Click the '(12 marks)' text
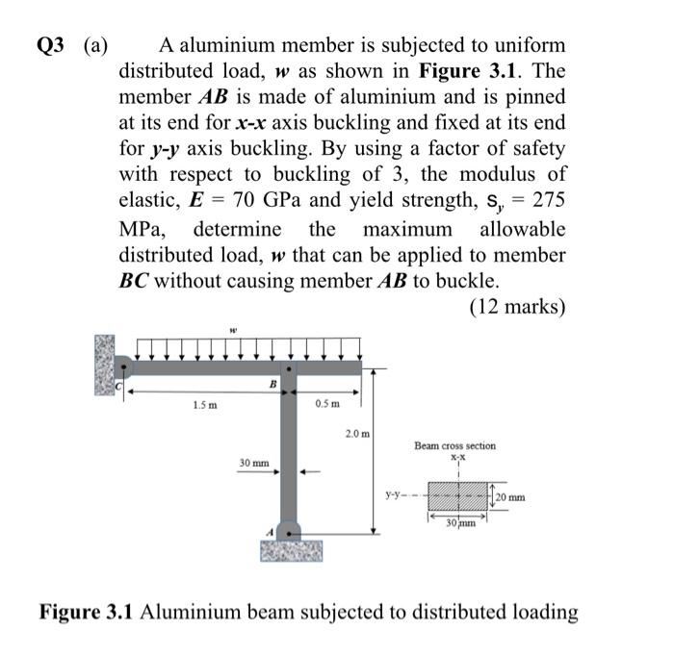click(x=517, y=308)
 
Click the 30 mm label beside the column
click(x=254, y=464)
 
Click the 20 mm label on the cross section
click(x=511, y=497)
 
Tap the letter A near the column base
click(x=270, y=529)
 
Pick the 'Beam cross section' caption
click(x=455, y=446)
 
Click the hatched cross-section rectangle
click(x=458, y=497)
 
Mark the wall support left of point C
click(x=105, y=365)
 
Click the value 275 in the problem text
click(x=545, y=203)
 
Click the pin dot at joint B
click(x=290, y=367)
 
